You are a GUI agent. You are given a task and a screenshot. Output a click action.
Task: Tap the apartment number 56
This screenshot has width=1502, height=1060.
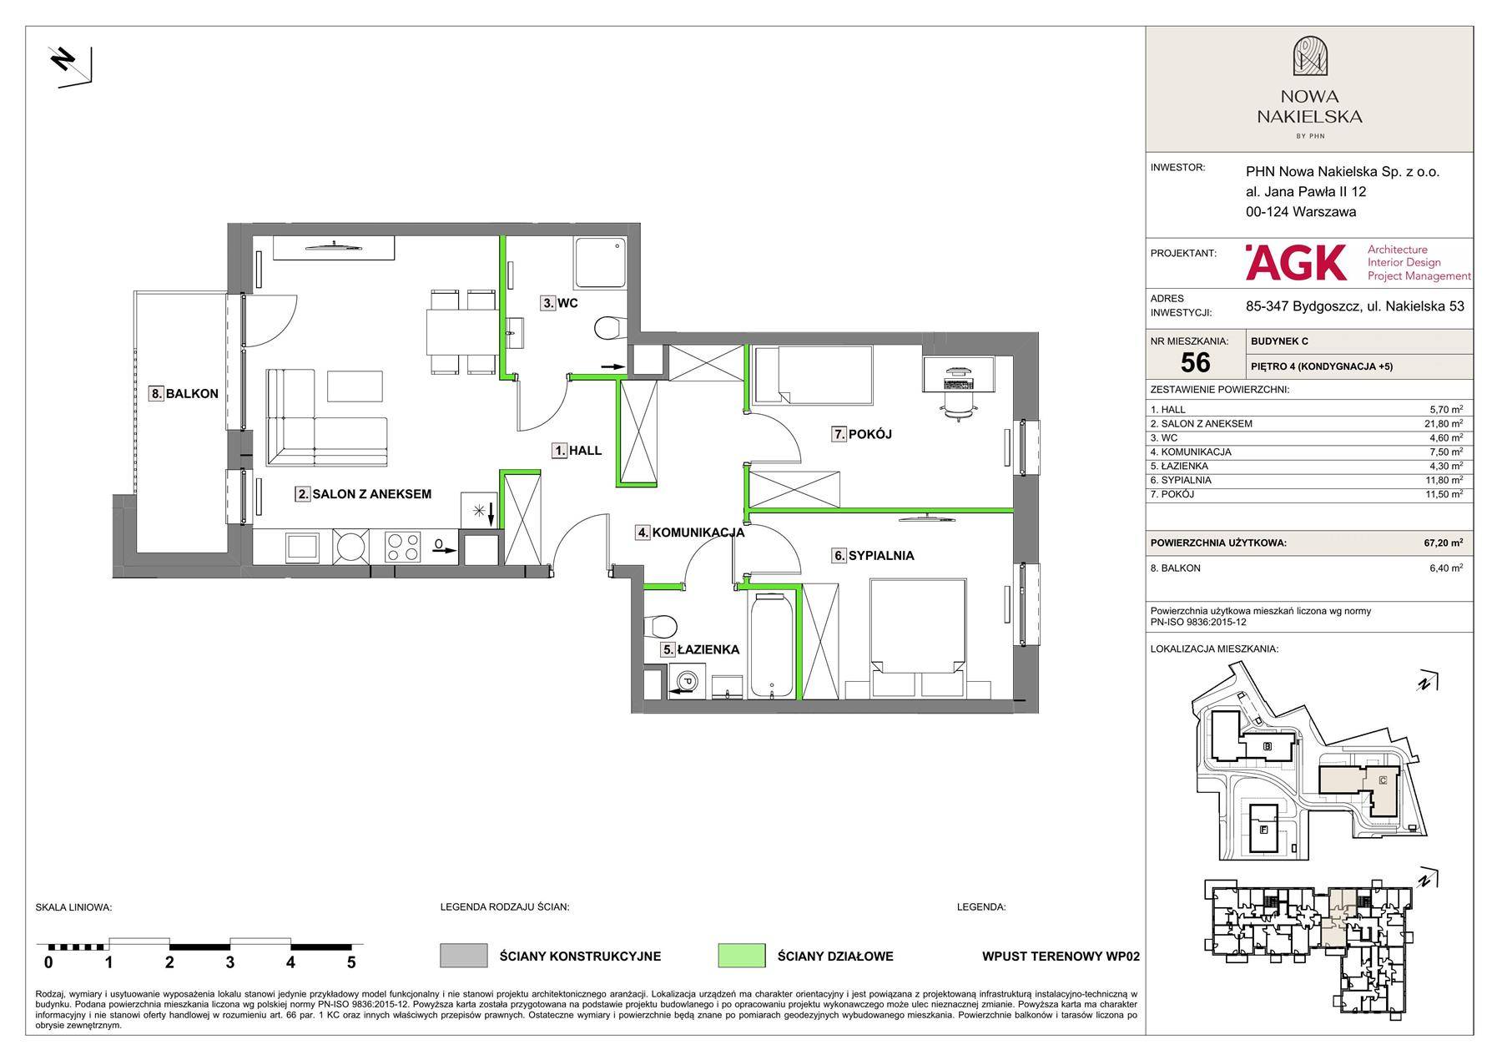(x=1196, y=362)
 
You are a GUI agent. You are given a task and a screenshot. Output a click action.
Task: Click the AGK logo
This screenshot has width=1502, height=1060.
(x=1296, y=262)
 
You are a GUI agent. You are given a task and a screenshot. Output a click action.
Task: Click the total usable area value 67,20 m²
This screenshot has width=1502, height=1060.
(x=1444, y=543)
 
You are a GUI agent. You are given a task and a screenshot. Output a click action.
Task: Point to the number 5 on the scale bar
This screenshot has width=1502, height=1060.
(x=351, y=962)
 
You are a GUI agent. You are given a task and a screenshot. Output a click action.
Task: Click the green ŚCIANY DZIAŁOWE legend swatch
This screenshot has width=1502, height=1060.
(x=741, y=956)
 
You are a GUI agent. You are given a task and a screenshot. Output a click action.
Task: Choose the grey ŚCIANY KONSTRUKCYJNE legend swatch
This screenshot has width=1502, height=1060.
(x=464, y=956)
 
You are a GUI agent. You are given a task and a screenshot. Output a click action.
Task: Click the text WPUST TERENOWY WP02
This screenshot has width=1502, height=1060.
(x=1061, y=957)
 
